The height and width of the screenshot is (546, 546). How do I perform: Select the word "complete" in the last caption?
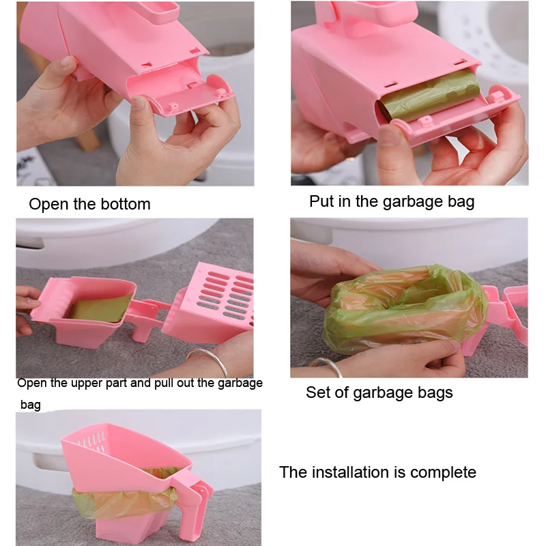tap(443, 473)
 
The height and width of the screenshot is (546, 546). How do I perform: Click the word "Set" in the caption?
tap(319, 392)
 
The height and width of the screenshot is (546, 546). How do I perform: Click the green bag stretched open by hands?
tap(404, 310)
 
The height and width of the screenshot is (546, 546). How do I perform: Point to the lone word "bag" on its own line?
tap(31, 405)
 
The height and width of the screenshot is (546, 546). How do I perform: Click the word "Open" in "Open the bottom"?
tap(48, 205)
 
